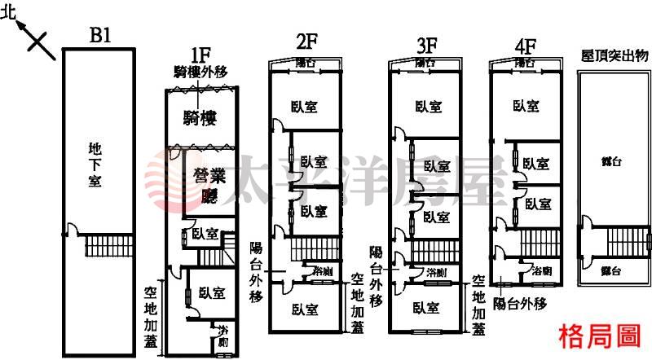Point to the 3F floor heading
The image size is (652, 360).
424,42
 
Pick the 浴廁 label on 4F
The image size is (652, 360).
543,269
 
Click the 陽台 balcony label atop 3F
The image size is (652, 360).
425,63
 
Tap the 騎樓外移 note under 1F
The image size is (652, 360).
203,70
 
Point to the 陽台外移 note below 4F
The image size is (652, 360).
518,303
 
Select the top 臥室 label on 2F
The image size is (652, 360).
307,106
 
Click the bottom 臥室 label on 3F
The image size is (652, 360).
426,308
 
